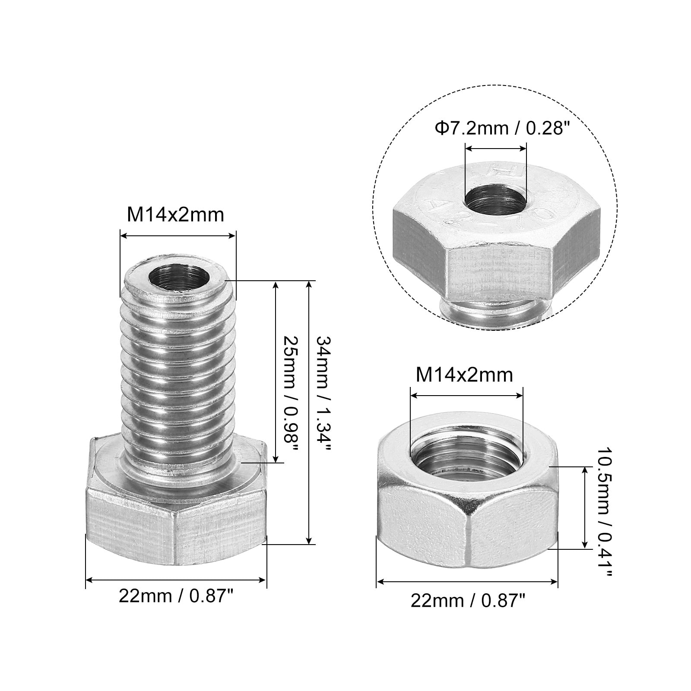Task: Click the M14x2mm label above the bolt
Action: point(175,215)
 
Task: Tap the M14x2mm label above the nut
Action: point(464,375)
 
